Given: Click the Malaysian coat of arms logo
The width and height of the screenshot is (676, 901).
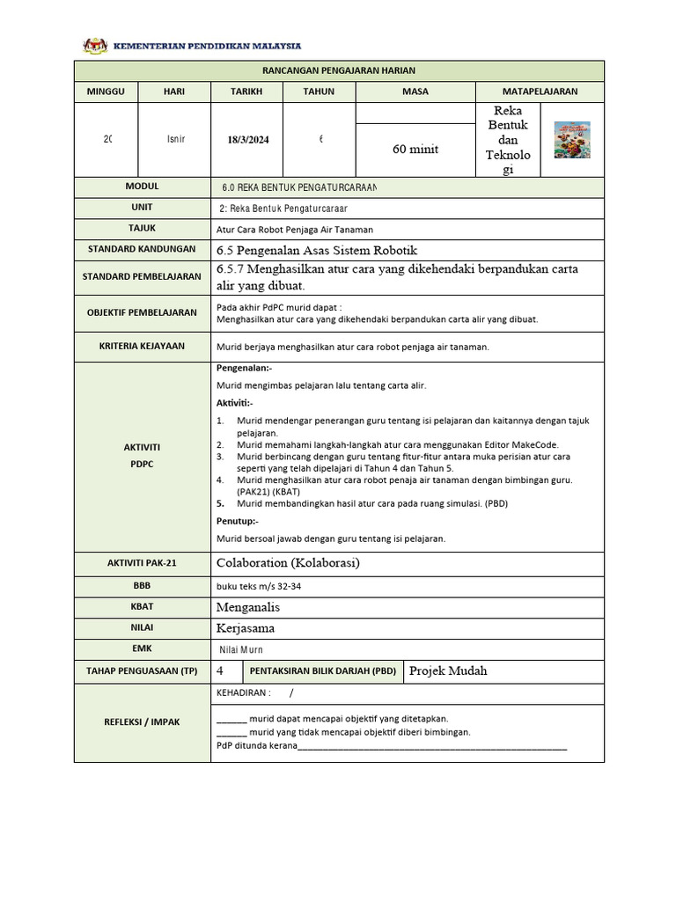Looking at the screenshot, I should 92,45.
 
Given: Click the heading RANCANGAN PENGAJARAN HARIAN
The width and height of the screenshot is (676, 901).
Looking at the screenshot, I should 339,70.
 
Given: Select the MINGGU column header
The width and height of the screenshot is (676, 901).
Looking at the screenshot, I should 106,92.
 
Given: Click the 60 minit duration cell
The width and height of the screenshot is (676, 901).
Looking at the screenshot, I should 415,150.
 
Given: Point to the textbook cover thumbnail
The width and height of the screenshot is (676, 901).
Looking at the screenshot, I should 572,140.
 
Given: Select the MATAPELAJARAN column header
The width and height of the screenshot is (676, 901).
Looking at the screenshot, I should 540,92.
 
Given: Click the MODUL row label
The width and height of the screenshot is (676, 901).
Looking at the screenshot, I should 143,187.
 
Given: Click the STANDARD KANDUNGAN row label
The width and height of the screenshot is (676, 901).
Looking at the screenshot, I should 143,250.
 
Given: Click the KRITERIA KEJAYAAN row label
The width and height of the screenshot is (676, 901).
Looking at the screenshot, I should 143,346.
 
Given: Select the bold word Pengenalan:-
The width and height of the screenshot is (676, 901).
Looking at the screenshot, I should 244,369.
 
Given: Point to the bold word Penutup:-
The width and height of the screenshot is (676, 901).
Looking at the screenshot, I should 238,521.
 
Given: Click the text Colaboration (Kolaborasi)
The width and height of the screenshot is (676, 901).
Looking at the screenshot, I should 288,563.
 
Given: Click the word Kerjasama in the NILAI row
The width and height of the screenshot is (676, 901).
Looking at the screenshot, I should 246,628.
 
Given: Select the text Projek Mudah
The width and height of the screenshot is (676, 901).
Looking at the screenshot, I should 448,671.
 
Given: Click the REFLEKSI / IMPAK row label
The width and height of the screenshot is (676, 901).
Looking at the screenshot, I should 143,722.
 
